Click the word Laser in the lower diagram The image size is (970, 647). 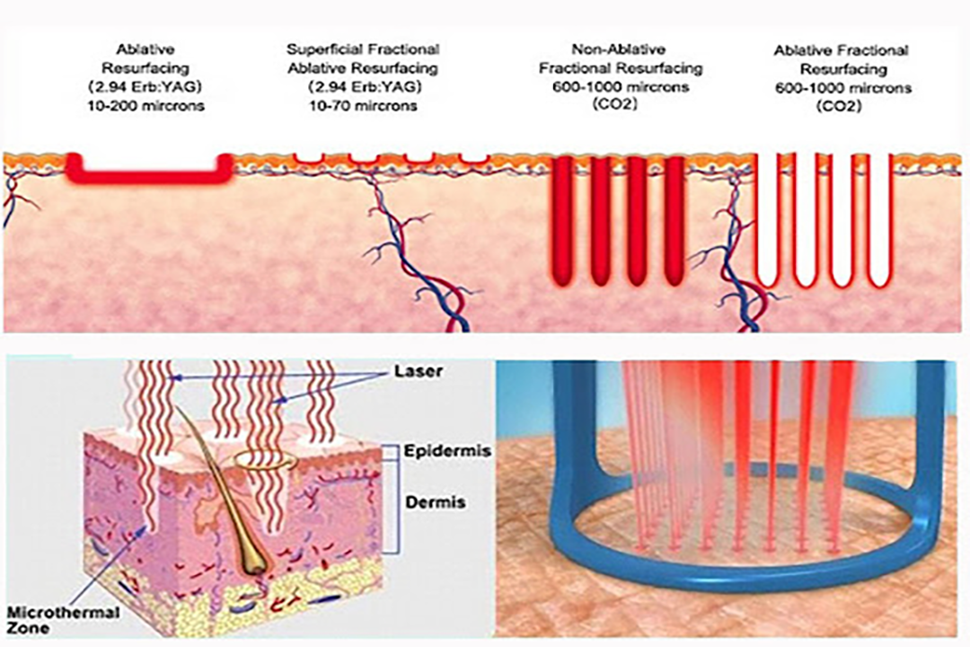coord(419,371)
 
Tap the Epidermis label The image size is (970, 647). coord(447,451)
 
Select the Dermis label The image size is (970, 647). coord(436,501)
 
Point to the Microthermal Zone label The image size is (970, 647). coord(63,620)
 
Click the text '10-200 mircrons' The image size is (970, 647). coord(146,105)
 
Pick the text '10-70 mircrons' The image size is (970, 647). coord(363,106)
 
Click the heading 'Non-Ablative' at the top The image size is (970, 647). coord(619,49)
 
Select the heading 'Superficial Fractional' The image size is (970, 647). coord(363,49)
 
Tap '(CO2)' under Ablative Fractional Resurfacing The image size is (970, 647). coord(839,106)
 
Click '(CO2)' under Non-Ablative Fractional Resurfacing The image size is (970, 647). coord(615,104)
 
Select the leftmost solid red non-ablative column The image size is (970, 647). coord(562,221)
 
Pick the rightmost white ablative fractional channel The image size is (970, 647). coord(878,221)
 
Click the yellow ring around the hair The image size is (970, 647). coord(265,459)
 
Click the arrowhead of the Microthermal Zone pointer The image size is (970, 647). coord(146,527)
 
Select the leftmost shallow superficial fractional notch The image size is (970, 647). coord(308,159)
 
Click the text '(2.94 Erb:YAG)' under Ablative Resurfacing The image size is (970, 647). coord(145,86)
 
